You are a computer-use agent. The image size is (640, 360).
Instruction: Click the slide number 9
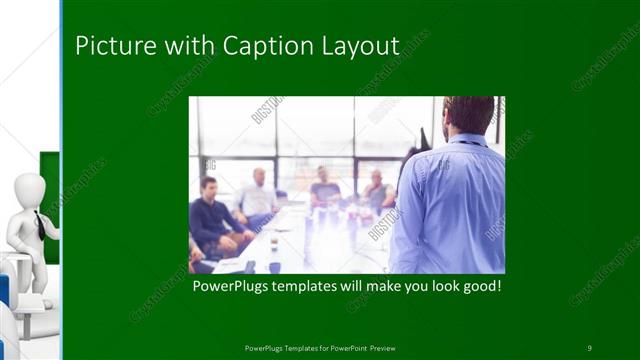tap(589, 347)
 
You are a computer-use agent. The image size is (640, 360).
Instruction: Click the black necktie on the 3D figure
tap(38, 224)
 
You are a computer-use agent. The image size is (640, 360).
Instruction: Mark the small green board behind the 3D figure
tap(49, 180)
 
